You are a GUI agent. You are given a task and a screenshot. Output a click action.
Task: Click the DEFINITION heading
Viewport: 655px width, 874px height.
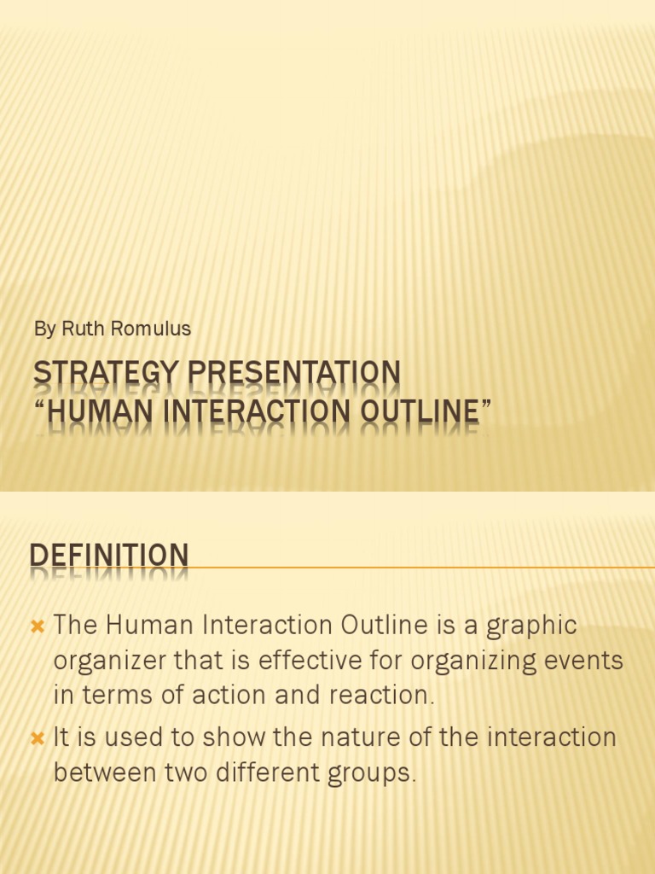tap(109, 555)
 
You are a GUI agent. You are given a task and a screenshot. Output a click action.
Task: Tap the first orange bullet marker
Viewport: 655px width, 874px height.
tap(37, 626)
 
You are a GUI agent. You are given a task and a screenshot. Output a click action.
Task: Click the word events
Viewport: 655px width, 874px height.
tap(584, 661)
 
